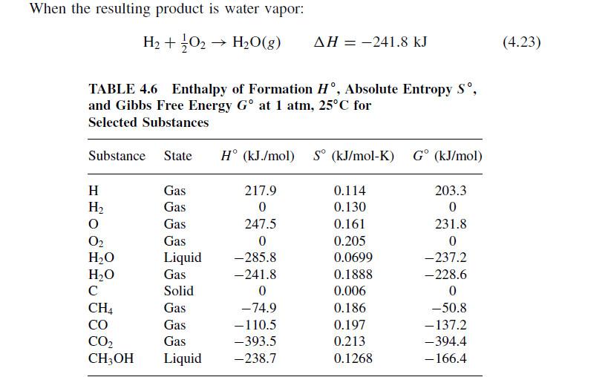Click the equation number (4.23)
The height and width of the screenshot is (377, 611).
click(521, 42)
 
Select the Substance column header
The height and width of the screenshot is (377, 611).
click(117, 156)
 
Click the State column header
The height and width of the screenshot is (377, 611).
click(177, 156)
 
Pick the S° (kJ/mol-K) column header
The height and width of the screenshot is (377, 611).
click(353, 156)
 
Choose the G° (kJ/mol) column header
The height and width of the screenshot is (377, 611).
click(448, 156)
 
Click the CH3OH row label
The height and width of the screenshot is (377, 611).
click(111, 359)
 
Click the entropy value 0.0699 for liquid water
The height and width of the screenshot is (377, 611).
click(353, 258)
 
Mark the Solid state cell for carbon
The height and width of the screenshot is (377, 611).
click(178, 291)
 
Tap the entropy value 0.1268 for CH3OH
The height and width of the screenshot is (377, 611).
click(353, 359)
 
